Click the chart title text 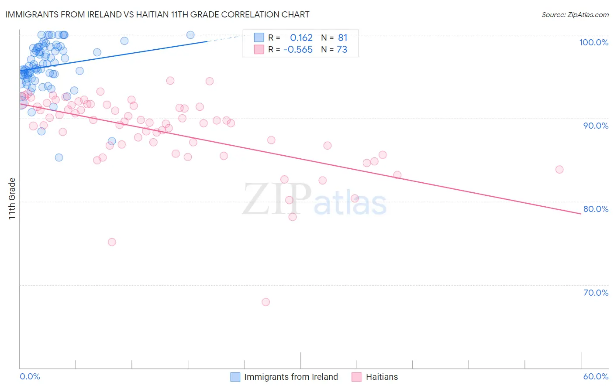pos(157,14)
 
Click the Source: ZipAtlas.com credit pos(575,14)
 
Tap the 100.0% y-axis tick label pos(593,42)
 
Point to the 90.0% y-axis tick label pos(596,126)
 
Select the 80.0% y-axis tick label pos(596,209)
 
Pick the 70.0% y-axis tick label pos(596,293)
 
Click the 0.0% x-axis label pos(30,376)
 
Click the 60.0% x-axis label pos(596,376)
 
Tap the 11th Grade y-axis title pos(12,198)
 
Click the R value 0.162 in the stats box pos(301,38)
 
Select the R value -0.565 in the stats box pos(298,50)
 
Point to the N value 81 pos(342,38)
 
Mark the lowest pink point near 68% pos(266,302)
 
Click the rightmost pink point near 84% pos(559,170)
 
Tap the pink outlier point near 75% pos(112,242)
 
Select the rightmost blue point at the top pos(190,35)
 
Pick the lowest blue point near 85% pos(59,157)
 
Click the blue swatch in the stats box pos(259,38)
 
